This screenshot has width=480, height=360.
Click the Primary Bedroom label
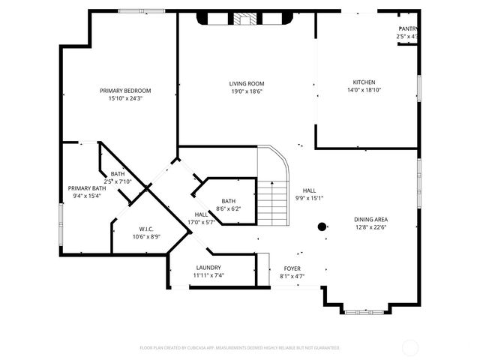[126, 91]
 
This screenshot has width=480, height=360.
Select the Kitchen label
[364, 82]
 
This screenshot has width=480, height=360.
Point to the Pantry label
[408, 28]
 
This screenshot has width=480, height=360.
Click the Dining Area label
[370, 220]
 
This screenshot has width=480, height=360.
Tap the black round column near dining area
[322, 226]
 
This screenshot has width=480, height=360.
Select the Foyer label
[292, 268]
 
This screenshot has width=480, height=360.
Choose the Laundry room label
[208, 268]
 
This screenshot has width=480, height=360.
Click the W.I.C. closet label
[146, 229]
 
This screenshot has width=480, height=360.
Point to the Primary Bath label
[86, 188]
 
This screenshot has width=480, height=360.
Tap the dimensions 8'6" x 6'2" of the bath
[228, 208]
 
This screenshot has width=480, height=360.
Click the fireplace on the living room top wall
[244, 19]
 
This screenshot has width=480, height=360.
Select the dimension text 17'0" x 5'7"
[200, 222]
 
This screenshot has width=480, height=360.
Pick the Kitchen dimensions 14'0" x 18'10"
[364, 90]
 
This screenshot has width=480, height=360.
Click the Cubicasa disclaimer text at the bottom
[240, 348]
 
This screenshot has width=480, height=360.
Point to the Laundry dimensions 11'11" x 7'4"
[208, 275]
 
